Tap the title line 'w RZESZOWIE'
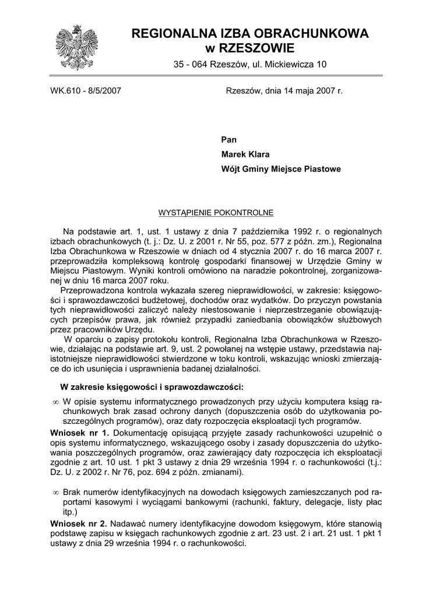pos(250,48)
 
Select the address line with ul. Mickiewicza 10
pos(250,66)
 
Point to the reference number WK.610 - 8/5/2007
pos(86,92)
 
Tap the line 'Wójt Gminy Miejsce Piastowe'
pos(281,169)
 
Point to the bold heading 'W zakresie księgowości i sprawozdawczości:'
pos(152,387)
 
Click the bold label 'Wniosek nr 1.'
pos(80,433)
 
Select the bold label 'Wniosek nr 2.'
pos(80,524)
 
